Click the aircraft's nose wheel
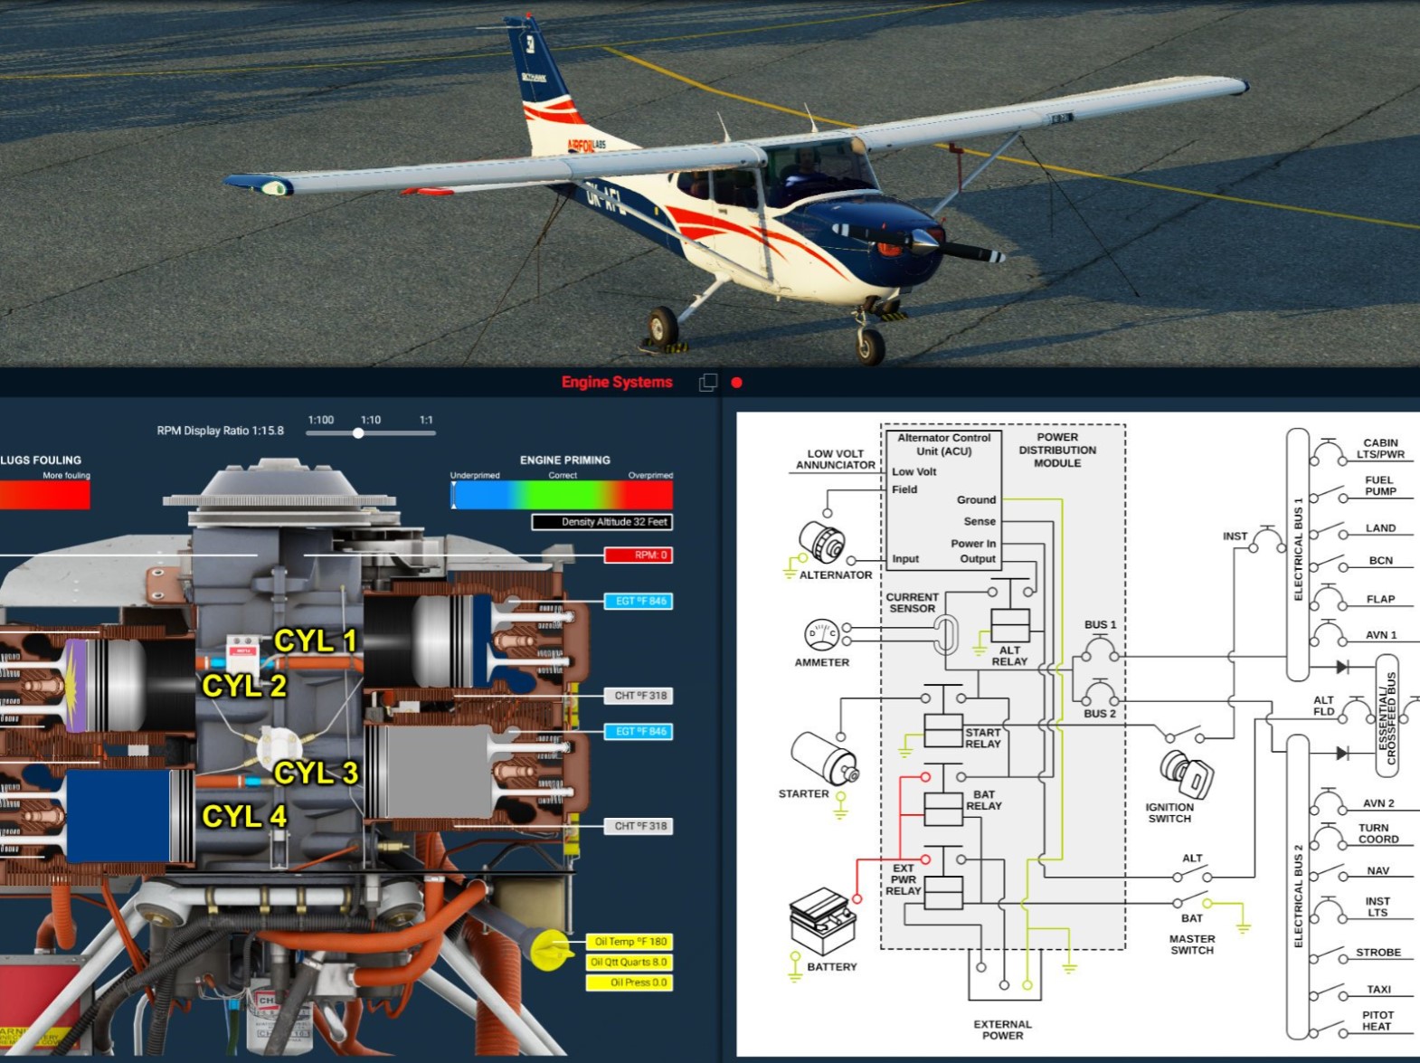click(871, 345)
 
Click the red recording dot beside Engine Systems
click(737, 383)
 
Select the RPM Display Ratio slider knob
click(358, 433)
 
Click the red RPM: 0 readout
click(639, 555)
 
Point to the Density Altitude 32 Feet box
click(602, 522)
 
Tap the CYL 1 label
click(316, 641)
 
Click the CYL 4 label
click(244, 817)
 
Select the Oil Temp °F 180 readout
click(630, 942)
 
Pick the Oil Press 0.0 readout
click(630, 982)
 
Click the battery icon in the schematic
click(822, 921)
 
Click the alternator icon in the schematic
click(822, 542)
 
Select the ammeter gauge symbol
click(821, 634)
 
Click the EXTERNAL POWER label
click(1002, 1030)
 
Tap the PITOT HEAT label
click(1377, 1020)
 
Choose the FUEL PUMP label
click(1380, 486)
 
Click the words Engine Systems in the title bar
click(617, 383)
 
